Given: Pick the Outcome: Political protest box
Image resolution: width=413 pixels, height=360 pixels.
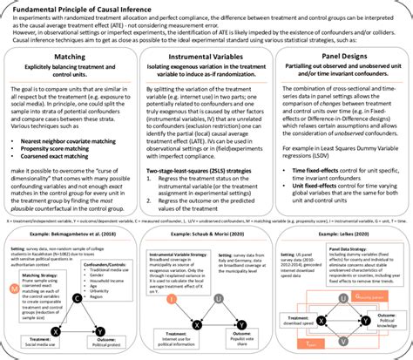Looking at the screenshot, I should pos(111,343).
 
